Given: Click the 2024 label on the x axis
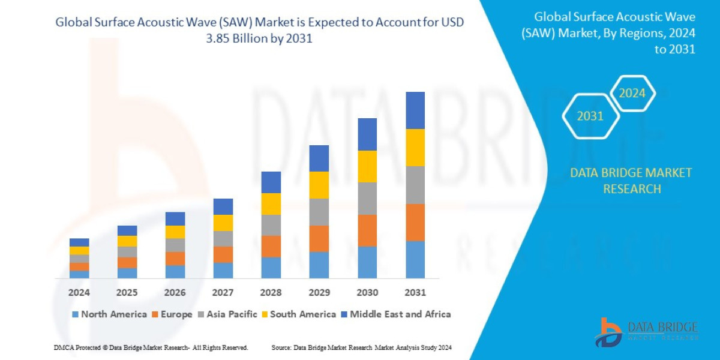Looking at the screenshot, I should [x=79, y=293].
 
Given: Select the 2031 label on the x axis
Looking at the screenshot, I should [x=415, y=293].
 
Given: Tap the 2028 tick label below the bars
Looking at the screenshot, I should [x=271, y=293].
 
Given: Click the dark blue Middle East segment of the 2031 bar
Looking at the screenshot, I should [x=415, y=110].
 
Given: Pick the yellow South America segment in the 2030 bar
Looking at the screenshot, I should [x=367, y=166].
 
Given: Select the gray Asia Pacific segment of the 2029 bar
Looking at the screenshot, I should [x=319, y=212].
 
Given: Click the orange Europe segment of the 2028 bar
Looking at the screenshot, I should [x=271, y=246].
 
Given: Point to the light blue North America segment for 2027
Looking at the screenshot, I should [x=223, y=271].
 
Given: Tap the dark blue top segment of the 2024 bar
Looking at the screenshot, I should [x=79, y=242].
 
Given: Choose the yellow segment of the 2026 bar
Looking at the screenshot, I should [x=175, y=232].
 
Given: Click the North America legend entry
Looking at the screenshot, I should [x=109, y=314].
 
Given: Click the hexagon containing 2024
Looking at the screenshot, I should [x=632, y=94].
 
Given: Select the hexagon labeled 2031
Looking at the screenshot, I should [x=590, y=116].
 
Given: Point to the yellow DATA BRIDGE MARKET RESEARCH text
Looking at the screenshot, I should [x=631, y=181].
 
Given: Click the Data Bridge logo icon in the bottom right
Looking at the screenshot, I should [x=608, y=332].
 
